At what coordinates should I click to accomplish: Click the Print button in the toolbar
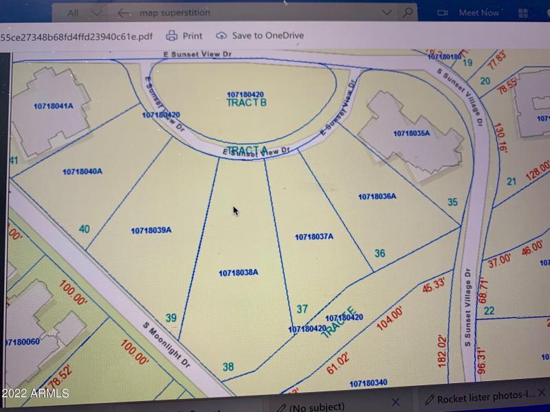[184, 36]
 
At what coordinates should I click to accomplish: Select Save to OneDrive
[259, 36]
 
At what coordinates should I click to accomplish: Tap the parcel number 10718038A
[238, 273]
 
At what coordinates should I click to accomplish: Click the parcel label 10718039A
[151, 231]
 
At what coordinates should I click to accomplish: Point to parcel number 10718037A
[314, 236]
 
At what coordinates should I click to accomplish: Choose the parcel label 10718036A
[377, 196]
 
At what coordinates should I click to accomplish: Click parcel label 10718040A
[82, 172]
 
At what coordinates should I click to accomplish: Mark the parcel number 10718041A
[53, 106]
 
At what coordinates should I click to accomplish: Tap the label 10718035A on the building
[411, 133]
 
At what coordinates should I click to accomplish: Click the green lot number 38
[228, 367]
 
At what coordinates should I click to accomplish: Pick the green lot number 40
[85, 229]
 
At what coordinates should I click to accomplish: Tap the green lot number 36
[379, 253]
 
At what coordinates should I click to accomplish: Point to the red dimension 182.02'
[442, 350]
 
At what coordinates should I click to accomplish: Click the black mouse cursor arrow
[235, 210]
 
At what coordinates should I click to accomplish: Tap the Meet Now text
[478, 12]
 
